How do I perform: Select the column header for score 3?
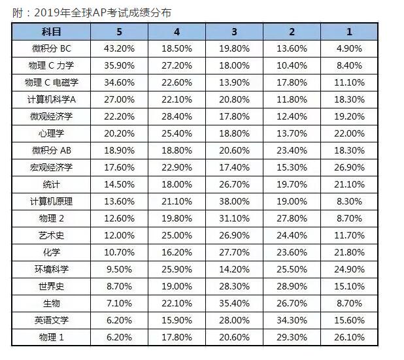click(235, 31)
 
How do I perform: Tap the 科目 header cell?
click(52, 31)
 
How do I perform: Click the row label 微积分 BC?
click(52, 48)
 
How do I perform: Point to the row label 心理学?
click(52, 133)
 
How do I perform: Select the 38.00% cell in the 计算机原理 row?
click(235, 201)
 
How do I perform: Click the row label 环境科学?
click(52, 269)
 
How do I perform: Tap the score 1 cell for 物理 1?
click(349, 337)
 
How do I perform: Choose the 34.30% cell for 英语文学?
click(292, 320)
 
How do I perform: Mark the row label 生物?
click(52, 303)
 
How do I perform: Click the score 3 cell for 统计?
click(235, 184)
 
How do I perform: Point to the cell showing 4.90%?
click(349, 48)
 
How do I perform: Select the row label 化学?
click(52, 252)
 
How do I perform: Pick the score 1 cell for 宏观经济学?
click(349, 167)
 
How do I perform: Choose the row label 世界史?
click(52, 286)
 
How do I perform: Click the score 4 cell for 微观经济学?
click(177, 116)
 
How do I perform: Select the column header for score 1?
click(349, 31)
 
